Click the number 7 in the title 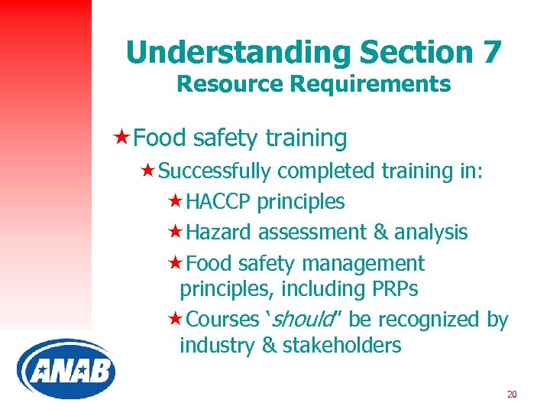490,52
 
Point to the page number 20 512,394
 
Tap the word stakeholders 341,346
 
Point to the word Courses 222,319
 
